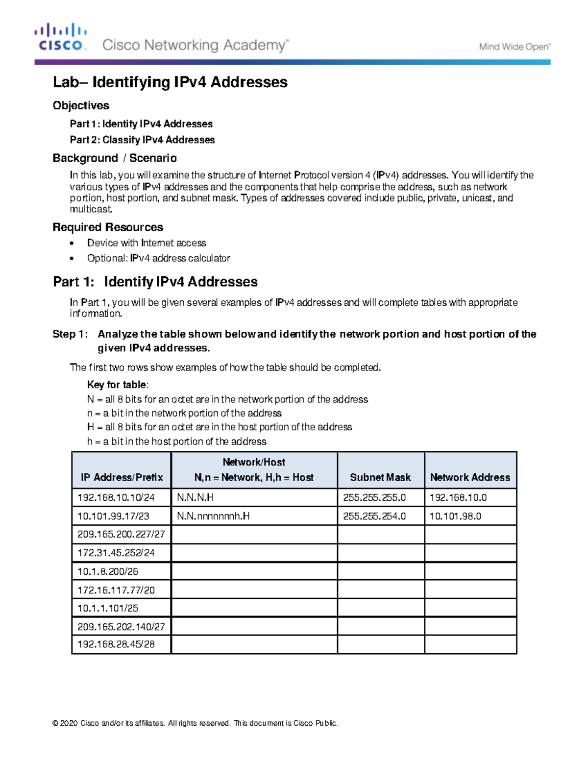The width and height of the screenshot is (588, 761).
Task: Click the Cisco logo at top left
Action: coord(61,37)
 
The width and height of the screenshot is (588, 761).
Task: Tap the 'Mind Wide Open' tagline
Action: coord(514,47)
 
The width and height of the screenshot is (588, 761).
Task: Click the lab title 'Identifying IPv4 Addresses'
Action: coord(170,82)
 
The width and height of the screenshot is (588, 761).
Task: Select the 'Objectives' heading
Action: coord(81,105)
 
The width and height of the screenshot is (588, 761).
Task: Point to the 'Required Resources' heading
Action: coord(108,227)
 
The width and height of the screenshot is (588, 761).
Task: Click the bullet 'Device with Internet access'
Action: coord(147,243)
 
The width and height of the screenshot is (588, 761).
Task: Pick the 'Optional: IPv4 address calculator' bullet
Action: coord(158,258)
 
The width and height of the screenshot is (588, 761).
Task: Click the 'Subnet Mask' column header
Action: coord(380,477)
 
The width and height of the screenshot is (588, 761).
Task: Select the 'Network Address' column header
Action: coord(470,477)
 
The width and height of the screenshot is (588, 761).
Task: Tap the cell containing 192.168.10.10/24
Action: coord(116,497)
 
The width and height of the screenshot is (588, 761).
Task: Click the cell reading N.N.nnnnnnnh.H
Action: coord(213,516)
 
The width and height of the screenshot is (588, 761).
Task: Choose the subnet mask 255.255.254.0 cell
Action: coord(374,516)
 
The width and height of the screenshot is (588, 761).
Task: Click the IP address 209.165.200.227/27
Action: coord(121,534)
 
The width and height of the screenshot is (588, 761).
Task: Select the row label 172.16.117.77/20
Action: coord(116,590)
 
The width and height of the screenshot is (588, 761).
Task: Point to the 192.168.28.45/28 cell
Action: coord(116,644)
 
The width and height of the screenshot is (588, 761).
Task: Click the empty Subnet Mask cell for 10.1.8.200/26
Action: coord(380,571)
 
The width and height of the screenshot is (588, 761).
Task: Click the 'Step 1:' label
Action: coord(70,334)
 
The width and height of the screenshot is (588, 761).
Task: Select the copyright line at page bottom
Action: coord(195,723)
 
